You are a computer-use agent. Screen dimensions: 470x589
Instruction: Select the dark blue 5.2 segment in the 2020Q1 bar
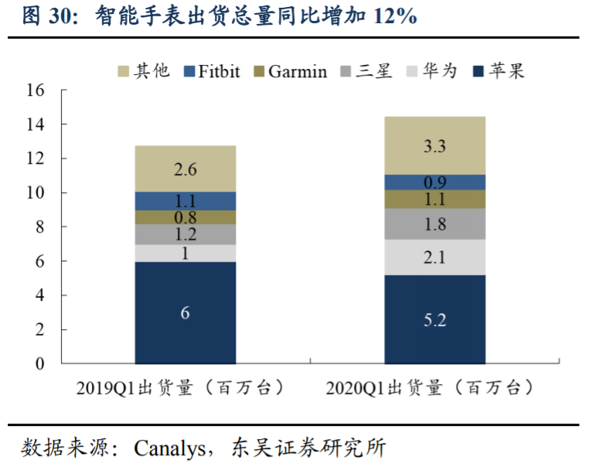coord(435,319)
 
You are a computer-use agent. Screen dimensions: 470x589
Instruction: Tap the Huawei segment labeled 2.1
coord(435,257)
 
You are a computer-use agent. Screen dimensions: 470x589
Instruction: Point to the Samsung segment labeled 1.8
coord(435,224)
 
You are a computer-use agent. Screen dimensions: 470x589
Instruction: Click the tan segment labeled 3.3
coord(435,145)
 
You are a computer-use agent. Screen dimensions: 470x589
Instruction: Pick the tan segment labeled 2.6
coord(186,169)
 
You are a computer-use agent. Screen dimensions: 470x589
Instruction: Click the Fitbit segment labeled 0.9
coord(435,182)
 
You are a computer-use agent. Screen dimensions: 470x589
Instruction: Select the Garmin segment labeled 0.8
coord(186,217)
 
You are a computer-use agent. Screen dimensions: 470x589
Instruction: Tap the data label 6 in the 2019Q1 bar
coord(186,313)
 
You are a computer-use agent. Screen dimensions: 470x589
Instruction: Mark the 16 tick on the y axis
coord(36,90)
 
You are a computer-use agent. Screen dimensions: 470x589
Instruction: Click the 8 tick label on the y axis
coord(40,227)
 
